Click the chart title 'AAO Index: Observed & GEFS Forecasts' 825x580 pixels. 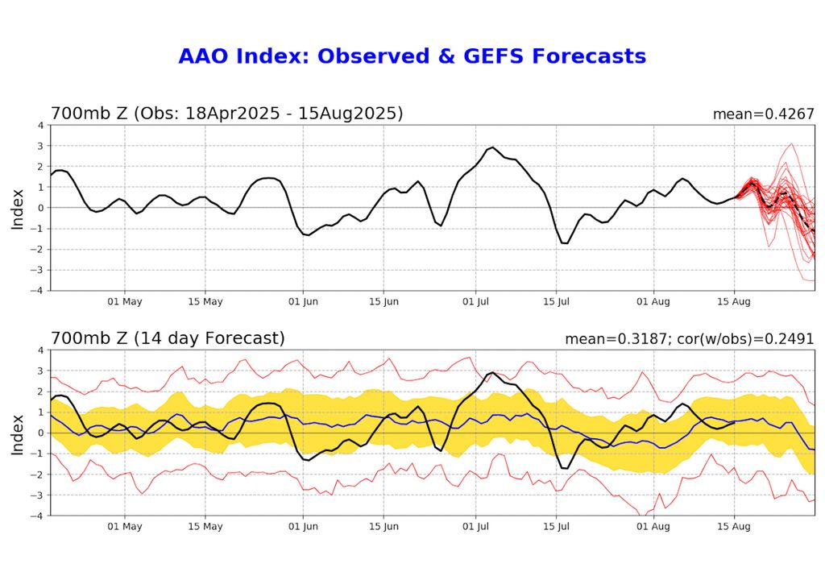coord(412,56)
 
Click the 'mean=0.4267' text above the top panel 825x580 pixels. coord(763,114)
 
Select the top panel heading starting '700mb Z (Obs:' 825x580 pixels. coord(226,114)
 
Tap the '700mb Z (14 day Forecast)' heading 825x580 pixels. coord(168,338)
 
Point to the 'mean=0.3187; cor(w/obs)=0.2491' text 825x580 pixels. coord(690,339)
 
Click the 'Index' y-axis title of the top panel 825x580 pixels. coord(18,208)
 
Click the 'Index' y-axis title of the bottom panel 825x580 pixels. coord(18,433)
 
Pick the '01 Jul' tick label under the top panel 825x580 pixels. coord(476,301)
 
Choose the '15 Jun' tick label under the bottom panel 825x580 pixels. coord(384,526)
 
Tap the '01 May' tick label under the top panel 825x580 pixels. coord(125,301)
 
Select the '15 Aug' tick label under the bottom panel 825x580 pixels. coord(734,526)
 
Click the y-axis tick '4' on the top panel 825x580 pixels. coord(41,126)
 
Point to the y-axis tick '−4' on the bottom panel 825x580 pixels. coord(39,516)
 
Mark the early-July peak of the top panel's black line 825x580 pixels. coord(492,147)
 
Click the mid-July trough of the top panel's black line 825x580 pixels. coord(565,242)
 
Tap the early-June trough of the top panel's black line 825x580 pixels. coord(308,234)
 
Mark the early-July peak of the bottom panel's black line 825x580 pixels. coord(492,372)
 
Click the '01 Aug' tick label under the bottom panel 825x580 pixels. coord(653,526)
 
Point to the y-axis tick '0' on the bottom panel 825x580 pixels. coord(41,433)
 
